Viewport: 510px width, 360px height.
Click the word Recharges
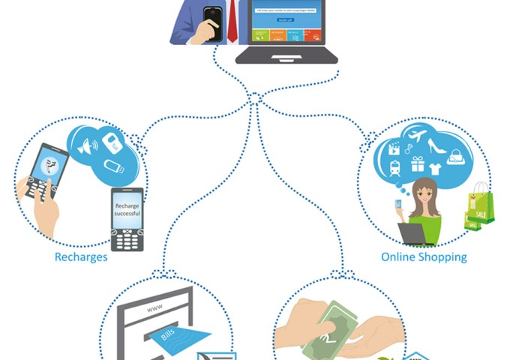click(81, 257)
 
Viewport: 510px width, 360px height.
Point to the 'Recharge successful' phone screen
click(127, 207)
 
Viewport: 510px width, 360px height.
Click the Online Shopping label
click(424, 257)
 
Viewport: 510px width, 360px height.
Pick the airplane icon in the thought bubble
click(418, 137)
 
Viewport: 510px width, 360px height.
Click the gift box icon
click(417, 163)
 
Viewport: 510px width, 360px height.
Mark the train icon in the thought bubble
click(394, 169)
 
